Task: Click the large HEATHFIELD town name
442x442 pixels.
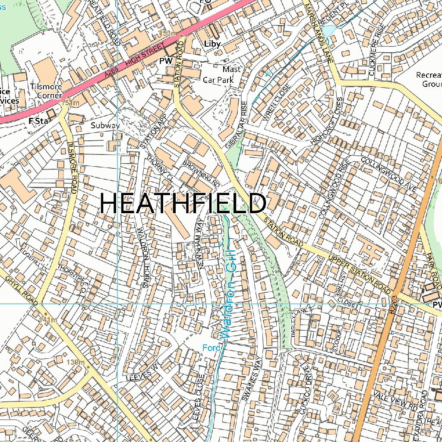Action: pos(183,203)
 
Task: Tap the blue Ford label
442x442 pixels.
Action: pos(212,347)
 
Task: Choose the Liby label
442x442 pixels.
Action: pos(212,44)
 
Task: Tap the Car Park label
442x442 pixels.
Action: pos(218,80)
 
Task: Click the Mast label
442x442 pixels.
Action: pos(231,69)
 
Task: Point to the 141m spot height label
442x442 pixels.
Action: pos(47,320)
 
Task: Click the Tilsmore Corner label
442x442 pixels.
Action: pos(46,91)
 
